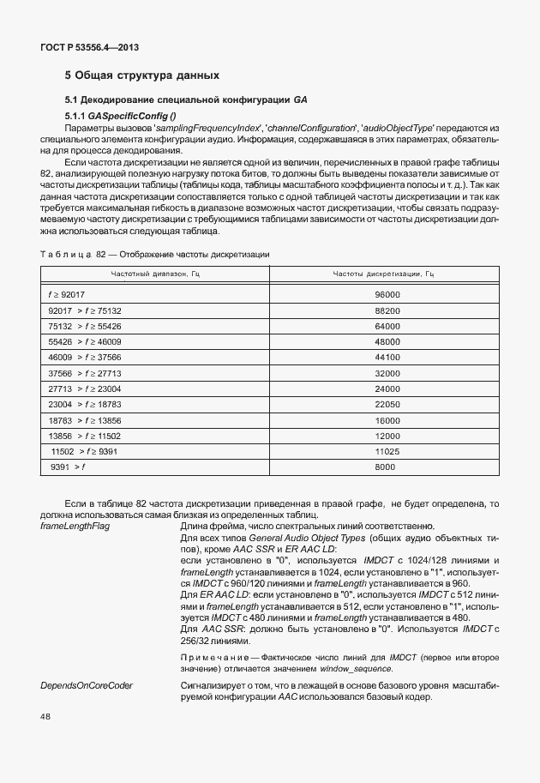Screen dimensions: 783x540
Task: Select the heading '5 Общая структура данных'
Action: pos(136,75)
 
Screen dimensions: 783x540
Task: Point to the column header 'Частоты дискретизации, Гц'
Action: pos(383,274)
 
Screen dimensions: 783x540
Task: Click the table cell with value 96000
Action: pos(387,294)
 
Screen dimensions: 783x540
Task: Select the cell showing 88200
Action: pos(387,310)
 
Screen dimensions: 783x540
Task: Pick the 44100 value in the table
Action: pos(387,357)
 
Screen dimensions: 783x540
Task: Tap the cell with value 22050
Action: pos(387,404)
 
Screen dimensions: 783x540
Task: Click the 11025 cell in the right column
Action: pos(387,451)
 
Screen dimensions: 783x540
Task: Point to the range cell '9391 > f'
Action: pos(69,467)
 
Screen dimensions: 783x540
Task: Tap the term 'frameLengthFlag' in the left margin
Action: pos(74,526)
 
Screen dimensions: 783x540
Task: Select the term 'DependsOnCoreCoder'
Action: pos(82,686)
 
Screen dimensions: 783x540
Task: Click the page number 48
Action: pos(46,716)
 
